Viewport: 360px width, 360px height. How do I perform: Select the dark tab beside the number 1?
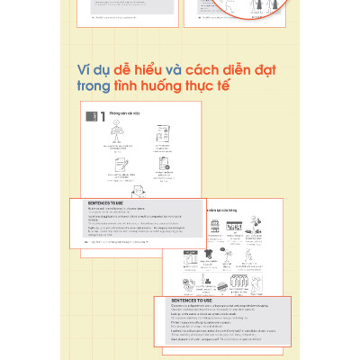click(x=91, y=116)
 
